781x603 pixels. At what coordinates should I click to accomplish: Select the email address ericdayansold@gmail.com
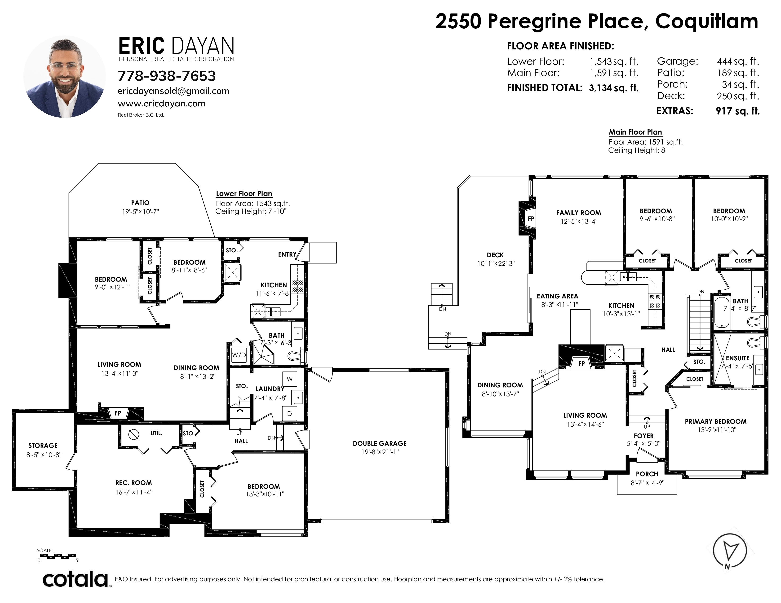173,91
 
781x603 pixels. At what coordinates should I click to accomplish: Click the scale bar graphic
58,556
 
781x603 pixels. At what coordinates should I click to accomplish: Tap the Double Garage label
380,443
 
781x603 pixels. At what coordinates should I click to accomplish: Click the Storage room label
43,446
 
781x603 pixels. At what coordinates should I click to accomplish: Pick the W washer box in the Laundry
290,379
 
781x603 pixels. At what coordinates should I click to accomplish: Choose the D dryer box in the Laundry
290,414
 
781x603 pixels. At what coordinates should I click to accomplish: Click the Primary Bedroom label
715,422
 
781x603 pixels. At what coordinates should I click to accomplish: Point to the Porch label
647,474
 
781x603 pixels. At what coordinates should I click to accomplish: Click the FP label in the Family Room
531,219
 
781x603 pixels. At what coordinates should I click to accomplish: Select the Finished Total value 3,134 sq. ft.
614,88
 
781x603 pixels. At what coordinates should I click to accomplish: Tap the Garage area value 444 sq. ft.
738,61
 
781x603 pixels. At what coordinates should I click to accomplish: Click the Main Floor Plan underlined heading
635,132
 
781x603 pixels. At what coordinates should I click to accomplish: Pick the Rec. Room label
133,483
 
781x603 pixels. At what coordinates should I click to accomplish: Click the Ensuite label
738,358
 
